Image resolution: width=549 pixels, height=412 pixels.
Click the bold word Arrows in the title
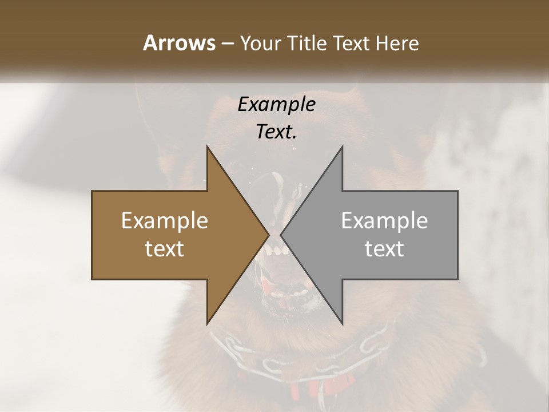pos(178,43)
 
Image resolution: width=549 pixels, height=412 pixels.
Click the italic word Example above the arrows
pos(277,104)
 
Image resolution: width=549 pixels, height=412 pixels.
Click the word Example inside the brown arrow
pos(165,220)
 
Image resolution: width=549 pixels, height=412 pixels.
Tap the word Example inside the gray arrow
pos(384,220)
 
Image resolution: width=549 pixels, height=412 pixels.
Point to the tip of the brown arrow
pos(269,235)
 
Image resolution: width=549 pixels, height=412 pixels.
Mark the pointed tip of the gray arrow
pos(281,235)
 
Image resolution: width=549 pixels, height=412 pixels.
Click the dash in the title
pos(227,43)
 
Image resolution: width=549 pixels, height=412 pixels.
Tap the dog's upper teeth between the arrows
pos(276,251)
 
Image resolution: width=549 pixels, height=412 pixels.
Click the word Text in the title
pos(352,43)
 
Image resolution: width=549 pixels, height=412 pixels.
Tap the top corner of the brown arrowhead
pos(207,146)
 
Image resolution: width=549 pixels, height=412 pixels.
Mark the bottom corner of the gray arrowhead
pos(343,324)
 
